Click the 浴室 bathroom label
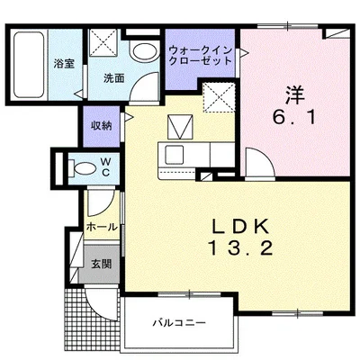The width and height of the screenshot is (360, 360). [x=62, y=65]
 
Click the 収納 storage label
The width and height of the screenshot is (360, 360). [x=101, y=125]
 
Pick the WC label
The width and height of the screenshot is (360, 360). [x=104, y=166]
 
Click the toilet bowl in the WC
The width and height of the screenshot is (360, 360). [x=81, y=166]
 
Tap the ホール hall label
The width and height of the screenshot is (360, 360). [x=102, y=228]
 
